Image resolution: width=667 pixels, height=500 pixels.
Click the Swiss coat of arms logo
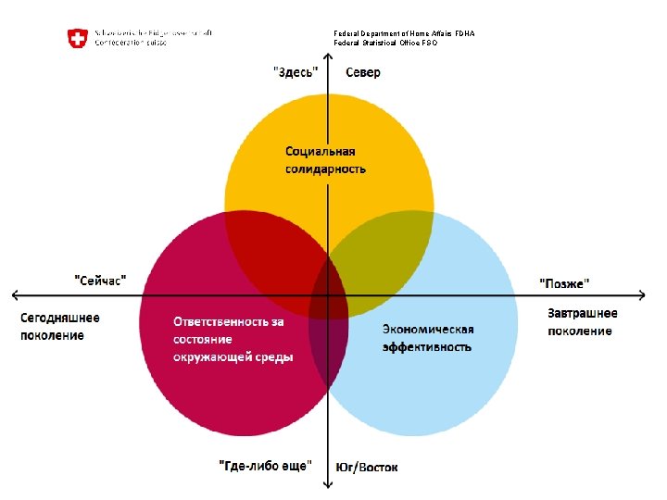pos(77,38)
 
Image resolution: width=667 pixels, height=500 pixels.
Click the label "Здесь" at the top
pos(296,73)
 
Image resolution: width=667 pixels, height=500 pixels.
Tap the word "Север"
pos(362,73)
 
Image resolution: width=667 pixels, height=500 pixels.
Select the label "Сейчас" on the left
pos(100,278)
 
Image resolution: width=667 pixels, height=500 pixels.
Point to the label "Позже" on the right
pos(564,281)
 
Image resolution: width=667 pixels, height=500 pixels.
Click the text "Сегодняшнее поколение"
pos(60,326)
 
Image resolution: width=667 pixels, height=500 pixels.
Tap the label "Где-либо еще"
pos(266,465)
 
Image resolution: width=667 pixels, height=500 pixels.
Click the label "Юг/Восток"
pos(367,466)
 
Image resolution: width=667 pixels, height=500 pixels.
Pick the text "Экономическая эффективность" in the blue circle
pos(428,338)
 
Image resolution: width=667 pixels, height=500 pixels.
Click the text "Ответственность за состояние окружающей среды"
pos(233,339)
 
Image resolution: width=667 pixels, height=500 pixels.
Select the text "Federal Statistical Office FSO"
pos(385,44)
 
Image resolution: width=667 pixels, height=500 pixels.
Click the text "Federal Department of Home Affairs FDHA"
pos(404,34)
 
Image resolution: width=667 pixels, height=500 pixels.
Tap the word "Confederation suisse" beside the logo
pos(132,44)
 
